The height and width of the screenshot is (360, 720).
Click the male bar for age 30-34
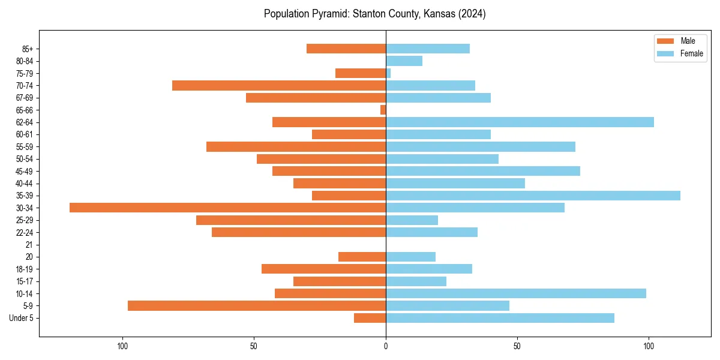[227, 208]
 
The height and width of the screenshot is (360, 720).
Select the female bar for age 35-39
[533, 196]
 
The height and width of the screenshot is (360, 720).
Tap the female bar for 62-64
[520, 122]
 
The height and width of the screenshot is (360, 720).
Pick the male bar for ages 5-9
[257, 305]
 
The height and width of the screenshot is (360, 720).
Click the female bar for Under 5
[500, 318]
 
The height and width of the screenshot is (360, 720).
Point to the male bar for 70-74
[279, 86]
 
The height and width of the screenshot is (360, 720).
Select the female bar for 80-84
[404, 61]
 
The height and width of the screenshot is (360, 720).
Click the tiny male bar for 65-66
[383, 110]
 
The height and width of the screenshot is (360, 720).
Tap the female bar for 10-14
[516, 293]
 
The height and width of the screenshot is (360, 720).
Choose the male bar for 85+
[346, 49]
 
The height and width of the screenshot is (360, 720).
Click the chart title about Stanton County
[374, 14]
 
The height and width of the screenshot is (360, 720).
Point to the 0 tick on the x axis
[386, 346]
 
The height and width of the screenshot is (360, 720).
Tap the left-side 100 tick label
[122, 346]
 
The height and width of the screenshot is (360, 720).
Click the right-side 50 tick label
[517, 346]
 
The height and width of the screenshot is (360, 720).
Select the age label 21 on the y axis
[29, 245]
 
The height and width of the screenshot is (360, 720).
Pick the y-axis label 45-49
[25, 171]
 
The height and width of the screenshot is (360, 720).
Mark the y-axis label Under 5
[21, 318]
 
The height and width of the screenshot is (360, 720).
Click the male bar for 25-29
[291, 220]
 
